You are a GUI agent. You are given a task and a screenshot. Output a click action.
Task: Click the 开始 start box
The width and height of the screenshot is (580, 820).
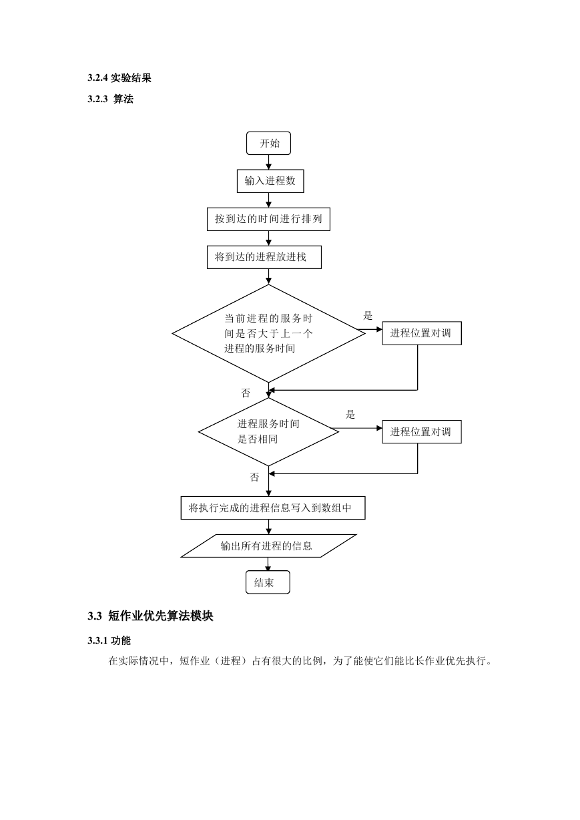coord(268,143)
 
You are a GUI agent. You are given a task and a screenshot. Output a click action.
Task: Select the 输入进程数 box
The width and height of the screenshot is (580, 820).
coord(270,181)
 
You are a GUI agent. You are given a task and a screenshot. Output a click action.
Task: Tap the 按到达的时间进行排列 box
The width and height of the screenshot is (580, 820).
coord(268,219)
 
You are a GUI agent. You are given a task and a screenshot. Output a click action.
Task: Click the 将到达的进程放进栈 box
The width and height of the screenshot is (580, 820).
coord(264,257)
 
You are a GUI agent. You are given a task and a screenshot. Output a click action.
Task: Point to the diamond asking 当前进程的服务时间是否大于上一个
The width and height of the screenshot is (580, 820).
coord(268,333)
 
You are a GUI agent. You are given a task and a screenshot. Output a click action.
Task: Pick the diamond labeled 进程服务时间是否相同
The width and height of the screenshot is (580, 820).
coord(268,431)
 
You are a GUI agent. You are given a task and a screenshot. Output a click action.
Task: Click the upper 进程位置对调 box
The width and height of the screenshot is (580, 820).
coord(422,333)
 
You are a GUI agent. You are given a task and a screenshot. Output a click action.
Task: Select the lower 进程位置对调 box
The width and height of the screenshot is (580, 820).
coord(422,431)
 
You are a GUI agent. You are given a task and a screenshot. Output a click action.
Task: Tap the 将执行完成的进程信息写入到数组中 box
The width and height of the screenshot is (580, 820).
coord(272,507)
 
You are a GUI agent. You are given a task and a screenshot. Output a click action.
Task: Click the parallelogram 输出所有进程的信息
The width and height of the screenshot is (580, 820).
coord(268,546)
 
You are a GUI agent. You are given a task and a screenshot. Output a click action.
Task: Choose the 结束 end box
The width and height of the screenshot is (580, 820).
coord(268,582)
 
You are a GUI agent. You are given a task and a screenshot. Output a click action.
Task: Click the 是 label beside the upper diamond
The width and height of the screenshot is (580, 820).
coord(367,316)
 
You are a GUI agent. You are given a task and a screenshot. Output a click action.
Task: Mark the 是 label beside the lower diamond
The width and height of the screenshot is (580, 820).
coord(350,415)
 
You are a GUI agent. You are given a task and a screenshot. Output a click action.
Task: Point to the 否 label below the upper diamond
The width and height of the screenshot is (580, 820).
coord(246,393)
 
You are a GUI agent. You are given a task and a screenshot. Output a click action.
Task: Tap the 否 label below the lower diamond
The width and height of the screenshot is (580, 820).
coord(254,477)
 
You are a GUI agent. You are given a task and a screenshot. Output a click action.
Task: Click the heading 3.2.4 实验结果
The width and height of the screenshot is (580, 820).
coord(119,77)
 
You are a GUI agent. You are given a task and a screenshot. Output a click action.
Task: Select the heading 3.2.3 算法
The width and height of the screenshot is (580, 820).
coord(111,99)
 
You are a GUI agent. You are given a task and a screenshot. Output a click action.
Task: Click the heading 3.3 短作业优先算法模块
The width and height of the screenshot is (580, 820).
coord(150,616)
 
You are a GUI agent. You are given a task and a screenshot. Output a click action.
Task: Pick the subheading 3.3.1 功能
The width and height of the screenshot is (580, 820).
coord(109,640)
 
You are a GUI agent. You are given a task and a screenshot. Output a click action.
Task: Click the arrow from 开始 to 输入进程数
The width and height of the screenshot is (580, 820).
coord(268,162)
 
